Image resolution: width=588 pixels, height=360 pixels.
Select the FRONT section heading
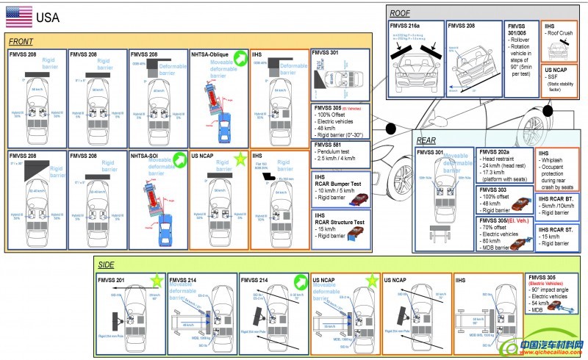coord(24,41)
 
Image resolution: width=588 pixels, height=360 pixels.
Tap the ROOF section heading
coord(401,12)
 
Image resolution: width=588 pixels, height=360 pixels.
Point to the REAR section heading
coord(427,140)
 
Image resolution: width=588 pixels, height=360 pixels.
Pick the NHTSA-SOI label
coord(147,156)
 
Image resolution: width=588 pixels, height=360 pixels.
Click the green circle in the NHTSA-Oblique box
coord(240,56)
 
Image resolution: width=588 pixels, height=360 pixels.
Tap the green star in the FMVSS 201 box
coord(156,280)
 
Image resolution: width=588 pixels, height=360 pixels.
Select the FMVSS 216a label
coord(406,26)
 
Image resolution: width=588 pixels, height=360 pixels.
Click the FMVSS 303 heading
coord(494,190)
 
